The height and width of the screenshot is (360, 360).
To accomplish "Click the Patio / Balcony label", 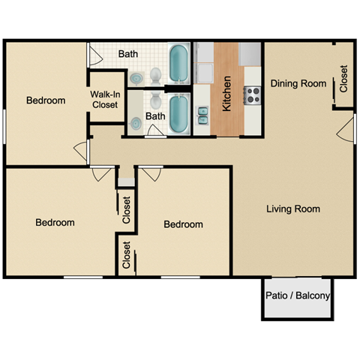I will coord(298,296).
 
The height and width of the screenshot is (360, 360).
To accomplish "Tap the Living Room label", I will coord(293,208).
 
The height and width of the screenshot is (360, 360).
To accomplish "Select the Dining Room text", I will coord(298,83).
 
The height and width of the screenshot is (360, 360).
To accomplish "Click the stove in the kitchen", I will coord(253,94).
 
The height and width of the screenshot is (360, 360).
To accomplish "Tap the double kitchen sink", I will coord(203,115).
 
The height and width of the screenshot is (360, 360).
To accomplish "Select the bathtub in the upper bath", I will coord(178,64).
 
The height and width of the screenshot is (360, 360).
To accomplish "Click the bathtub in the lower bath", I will coord(178,112).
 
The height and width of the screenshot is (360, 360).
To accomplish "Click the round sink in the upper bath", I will coord(136,77).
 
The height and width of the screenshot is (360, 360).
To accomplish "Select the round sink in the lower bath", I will coord(136,123).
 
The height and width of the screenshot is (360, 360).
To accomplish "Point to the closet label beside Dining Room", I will coord(343,79).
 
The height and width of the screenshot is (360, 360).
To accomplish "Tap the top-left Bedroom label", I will coord(46,100).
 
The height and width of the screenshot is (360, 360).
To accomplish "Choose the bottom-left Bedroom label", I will coord(55,223).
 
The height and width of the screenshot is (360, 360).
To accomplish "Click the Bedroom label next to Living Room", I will coord(183,224).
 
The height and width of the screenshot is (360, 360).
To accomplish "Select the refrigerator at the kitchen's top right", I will coord(250,54).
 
